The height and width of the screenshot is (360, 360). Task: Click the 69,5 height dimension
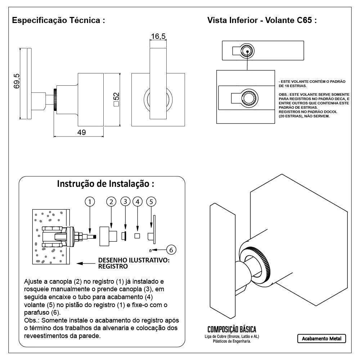16,82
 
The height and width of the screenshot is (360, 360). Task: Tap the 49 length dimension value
82,132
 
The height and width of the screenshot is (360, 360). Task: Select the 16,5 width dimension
158,36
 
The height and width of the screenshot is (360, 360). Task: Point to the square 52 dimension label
116,100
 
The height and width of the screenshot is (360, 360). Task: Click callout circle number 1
90,202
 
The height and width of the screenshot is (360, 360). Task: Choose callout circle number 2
111,202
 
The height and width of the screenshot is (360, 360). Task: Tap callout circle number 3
125,201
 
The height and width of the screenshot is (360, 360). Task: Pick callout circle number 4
137,202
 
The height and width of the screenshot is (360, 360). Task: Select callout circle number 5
151,202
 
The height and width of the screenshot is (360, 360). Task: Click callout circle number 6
171,249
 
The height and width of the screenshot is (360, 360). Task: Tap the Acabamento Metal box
321,339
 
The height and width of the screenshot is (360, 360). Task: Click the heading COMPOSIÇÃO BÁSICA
232,329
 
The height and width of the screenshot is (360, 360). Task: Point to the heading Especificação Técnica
59,20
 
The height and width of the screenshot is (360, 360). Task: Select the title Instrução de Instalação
105,184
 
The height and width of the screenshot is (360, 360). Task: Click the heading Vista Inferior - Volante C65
262,20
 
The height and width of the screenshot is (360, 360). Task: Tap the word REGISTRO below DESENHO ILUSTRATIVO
113,267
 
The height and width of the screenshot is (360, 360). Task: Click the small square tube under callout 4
137,236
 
